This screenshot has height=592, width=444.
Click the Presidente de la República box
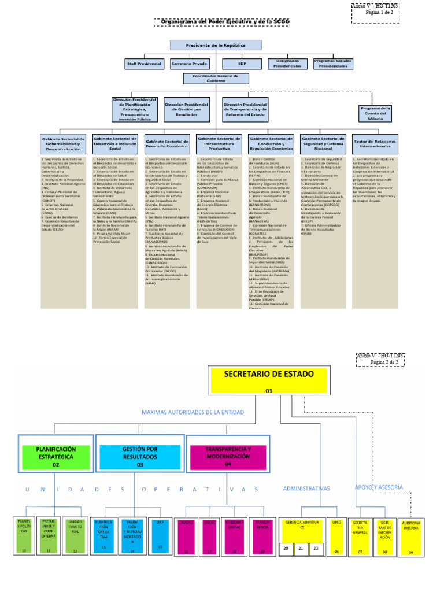(x=216, y=45)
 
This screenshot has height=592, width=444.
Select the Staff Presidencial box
(x=145, y=64)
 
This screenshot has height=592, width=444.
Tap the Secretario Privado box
(x=190, y=64)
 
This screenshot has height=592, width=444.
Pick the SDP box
(x=242, y=64)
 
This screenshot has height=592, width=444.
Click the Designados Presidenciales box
(x=288, y=64)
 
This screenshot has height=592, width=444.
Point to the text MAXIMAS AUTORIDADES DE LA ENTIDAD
(x=193, y=412)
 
